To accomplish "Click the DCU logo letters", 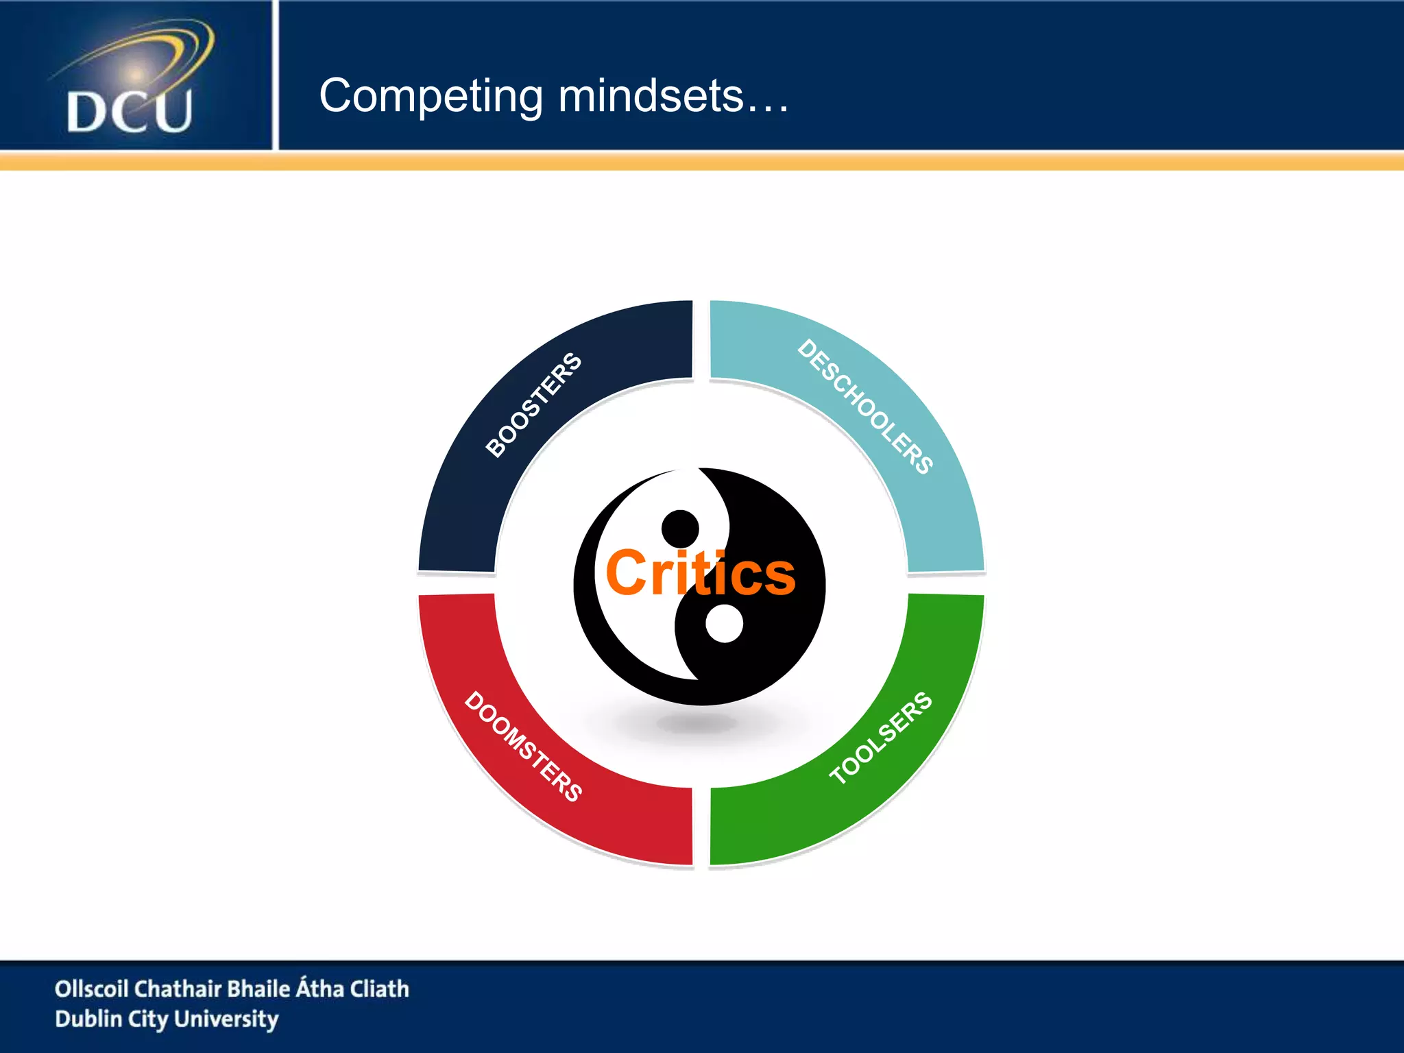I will point(129,111).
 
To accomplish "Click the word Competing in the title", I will point(431,96).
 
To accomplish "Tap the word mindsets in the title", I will point(651,96).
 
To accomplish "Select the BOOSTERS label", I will point(533,404).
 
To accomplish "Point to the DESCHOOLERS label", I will point(865,406).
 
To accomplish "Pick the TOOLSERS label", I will point(881,738).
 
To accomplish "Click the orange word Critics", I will point(700,573).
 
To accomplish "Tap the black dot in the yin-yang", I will point(680,529).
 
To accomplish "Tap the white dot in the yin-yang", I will point(724,624).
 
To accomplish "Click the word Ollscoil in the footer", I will point(92,989).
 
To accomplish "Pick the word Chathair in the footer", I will point(177,989).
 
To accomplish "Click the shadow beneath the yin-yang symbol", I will point(697,723).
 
